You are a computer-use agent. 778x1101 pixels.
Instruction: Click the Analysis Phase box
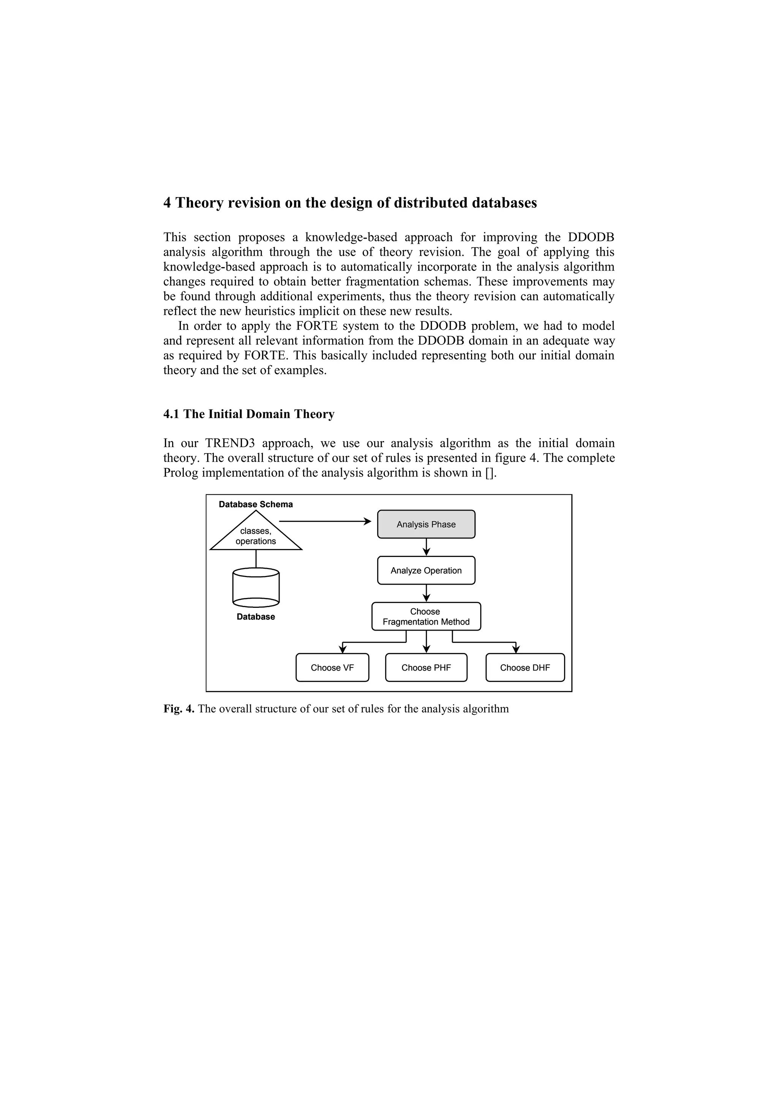coord(426,524)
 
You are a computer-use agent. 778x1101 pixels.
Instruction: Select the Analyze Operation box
coord(426,570)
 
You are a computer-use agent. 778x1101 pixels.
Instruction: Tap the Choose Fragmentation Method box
coord(426,616)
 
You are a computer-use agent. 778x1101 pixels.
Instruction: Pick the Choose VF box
coord(332,668)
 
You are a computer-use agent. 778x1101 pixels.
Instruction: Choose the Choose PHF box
coord(426,668)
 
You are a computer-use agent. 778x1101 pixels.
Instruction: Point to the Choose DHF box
coord(525,668)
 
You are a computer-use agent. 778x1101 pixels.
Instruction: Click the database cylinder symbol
coord(256,588)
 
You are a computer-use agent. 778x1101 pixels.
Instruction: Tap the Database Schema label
coord(256,505)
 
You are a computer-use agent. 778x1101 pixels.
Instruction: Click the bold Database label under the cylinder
coord(256,617)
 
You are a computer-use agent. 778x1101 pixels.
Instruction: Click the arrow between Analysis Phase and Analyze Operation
coord(427,547)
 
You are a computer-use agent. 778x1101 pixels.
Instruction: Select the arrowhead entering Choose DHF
coord(516,649)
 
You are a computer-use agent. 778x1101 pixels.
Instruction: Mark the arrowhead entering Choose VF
coord(343,649)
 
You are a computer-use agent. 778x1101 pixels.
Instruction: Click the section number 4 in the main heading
coord(167,203)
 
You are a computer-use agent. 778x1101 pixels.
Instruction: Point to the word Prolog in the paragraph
coord(180,473)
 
